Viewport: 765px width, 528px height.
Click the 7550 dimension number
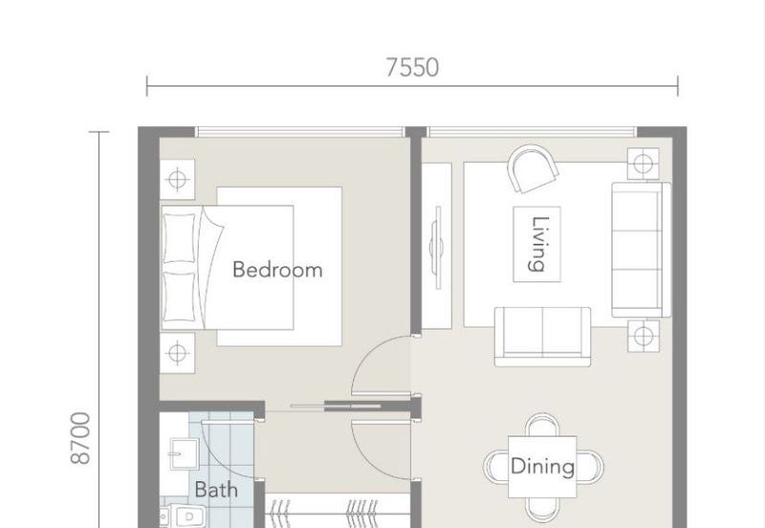[412, 67]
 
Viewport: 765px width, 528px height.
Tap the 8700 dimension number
[81, 438]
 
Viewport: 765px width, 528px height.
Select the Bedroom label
[277, 270]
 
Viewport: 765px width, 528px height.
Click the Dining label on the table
[542, 467]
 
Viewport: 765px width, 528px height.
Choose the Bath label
[216, 490]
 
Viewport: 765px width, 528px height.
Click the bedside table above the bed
[178, 179]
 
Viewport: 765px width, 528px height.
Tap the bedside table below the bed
[178, 353]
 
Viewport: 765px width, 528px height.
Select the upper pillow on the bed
[179, 237]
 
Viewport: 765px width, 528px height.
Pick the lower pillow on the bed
[179, 297]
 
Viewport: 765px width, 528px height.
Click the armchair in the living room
[533, 169]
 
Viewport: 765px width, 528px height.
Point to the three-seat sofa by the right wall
[641, 250]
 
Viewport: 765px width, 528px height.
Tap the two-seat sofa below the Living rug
[543, 337]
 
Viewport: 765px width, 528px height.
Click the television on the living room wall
[438, 248]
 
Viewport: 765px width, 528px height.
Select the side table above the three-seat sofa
[643, 164]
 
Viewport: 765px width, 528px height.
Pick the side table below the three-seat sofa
[643, 337]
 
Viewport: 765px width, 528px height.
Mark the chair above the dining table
[542, 425]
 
